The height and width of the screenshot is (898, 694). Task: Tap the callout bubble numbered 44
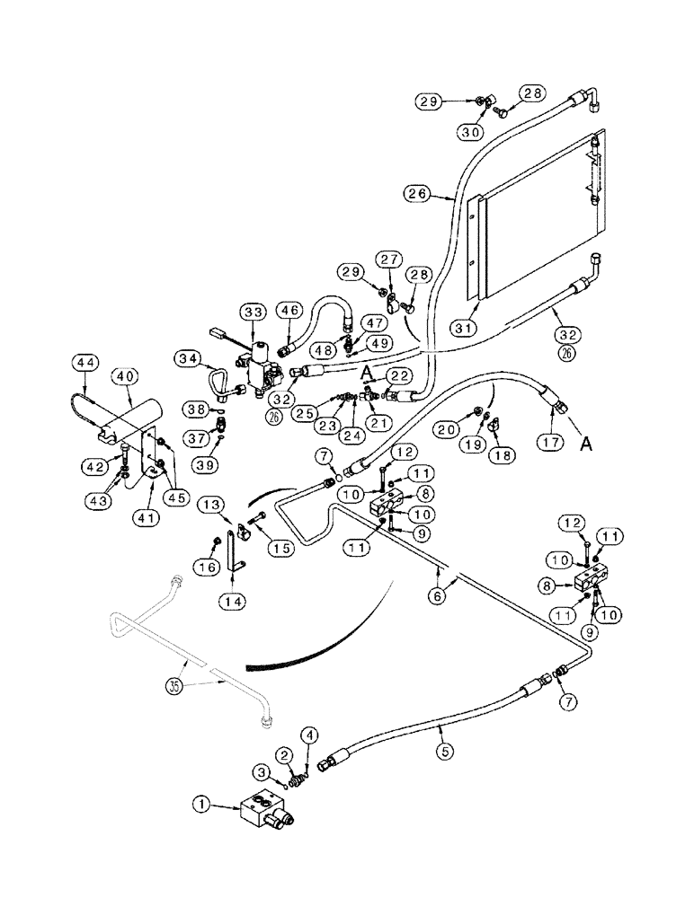point(85,363)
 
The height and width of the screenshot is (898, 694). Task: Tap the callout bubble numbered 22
point(401,375)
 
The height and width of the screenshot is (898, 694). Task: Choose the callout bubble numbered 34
point(189,360)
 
